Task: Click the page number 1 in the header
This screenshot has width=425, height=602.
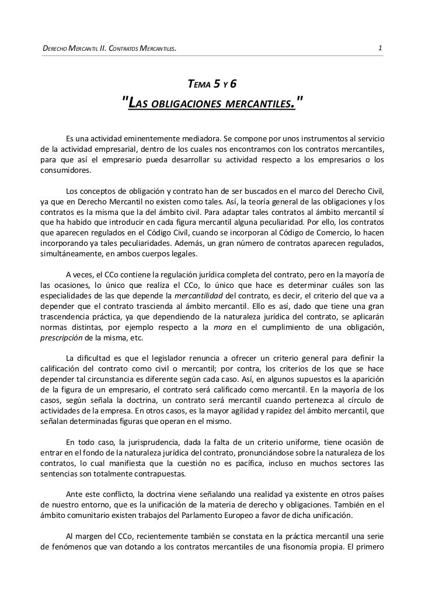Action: pyautogui.click(x=380, y=47)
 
